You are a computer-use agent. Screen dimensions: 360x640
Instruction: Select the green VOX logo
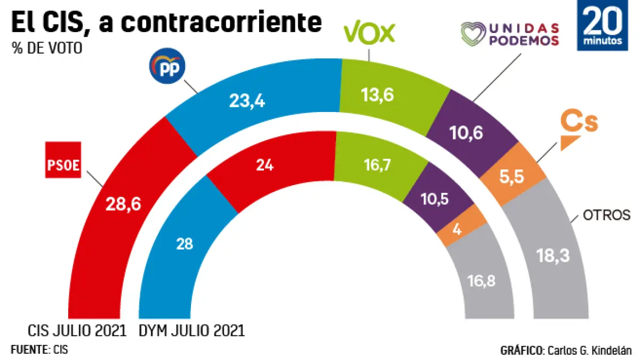370,33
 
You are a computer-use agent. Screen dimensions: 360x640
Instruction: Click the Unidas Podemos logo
510,35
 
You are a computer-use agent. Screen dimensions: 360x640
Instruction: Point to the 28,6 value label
123,204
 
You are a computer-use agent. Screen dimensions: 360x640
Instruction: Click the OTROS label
606,215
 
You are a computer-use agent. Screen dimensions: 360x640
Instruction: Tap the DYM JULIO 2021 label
191,331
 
